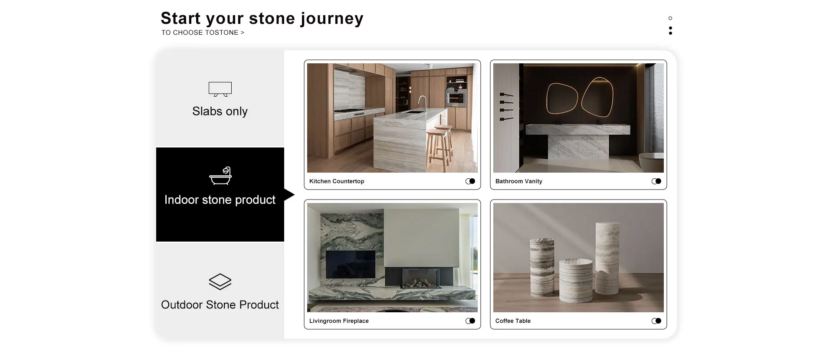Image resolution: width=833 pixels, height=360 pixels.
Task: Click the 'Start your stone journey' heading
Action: point(262,19)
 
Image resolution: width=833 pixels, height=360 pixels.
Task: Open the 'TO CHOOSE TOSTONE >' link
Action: point(203,33)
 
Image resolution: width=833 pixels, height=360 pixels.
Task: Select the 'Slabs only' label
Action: point(220,111)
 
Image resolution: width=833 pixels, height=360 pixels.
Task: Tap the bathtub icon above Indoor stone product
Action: point(220,176)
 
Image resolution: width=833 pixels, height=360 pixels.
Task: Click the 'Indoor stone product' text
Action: point(220,200)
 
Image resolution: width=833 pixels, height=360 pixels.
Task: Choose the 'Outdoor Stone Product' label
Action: point(220,305)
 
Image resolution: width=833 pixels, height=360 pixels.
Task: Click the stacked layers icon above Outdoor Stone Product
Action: point(220,281)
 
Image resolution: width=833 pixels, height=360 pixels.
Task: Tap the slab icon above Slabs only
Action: point(220,89)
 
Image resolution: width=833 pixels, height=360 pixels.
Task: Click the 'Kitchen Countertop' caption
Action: point(337,181)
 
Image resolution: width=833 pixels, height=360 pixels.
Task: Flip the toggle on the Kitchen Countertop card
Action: point(470,181)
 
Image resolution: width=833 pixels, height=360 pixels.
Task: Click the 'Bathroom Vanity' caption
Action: point(519,181)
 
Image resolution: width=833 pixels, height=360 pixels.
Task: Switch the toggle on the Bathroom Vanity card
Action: point(656,181)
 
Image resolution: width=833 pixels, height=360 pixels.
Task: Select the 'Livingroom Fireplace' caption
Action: point(339,321)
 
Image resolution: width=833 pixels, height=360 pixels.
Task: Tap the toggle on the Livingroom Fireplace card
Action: point(470,321)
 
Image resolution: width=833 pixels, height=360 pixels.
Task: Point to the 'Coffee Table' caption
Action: point(513,321)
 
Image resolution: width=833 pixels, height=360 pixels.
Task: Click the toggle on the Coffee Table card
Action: point(656,321)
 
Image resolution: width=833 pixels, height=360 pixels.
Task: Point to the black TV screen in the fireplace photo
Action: point(351,264)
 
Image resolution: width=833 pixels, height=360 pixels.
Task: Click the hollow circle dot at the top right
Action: point(670,18)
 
